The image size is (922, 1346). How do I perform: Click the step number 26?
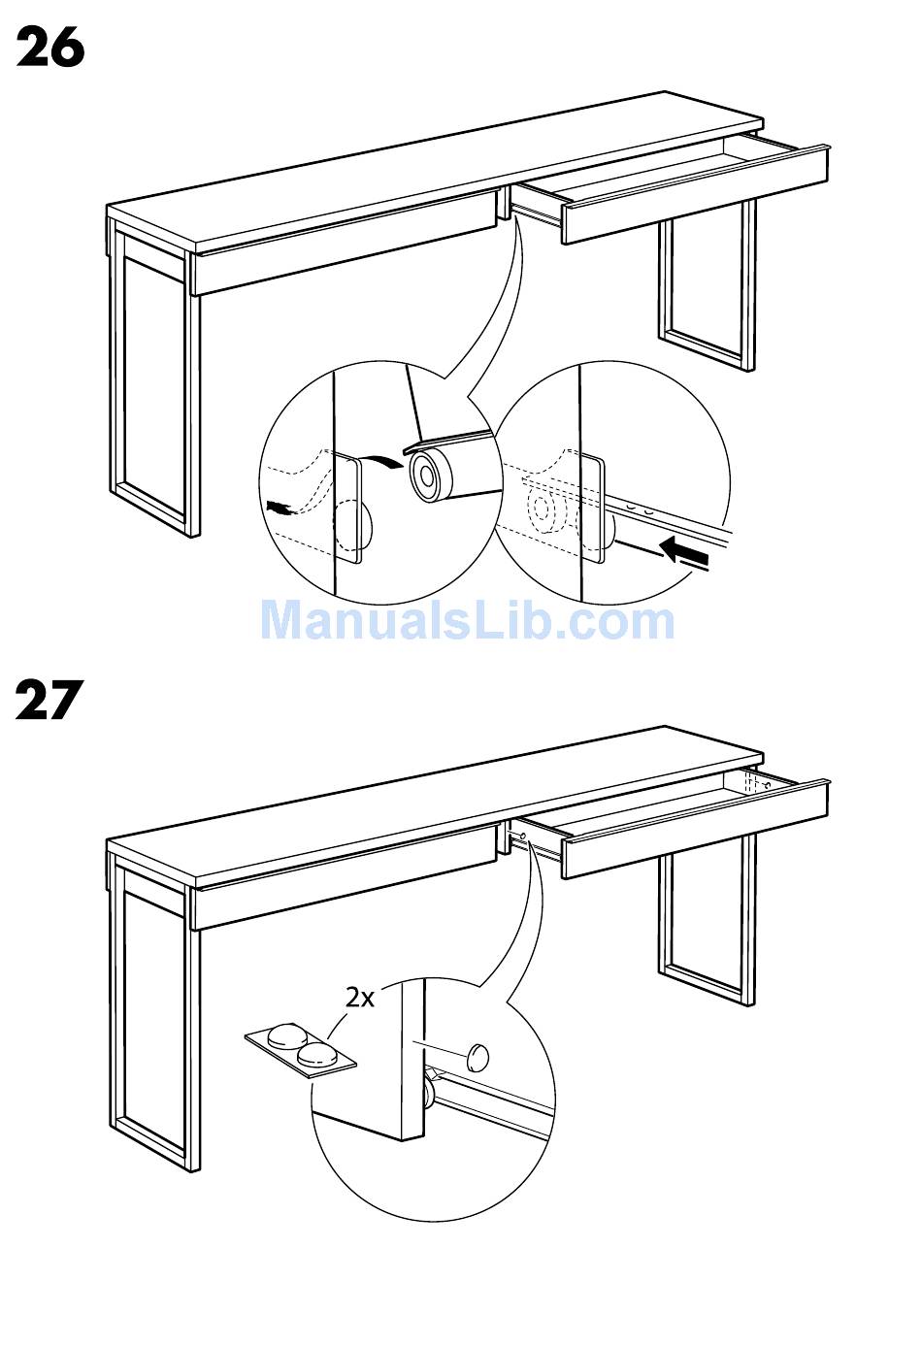[x=49, y=48]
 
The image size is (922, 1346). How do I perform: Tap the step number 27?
[x=48, y=700]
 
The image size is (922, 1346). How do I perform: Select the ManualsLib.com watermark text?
[x=468, y=621]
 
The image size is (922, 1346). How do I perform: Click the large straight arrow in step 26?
[x=684, y=554]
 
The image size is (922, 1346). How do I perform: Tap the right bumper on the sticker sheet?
[x=318, y=1055]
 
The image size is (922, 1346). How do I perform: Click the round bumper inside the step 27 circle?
[x=477, y=1058]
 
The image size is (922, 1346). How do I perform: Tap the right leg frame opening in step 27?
[x=707, y=918]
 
